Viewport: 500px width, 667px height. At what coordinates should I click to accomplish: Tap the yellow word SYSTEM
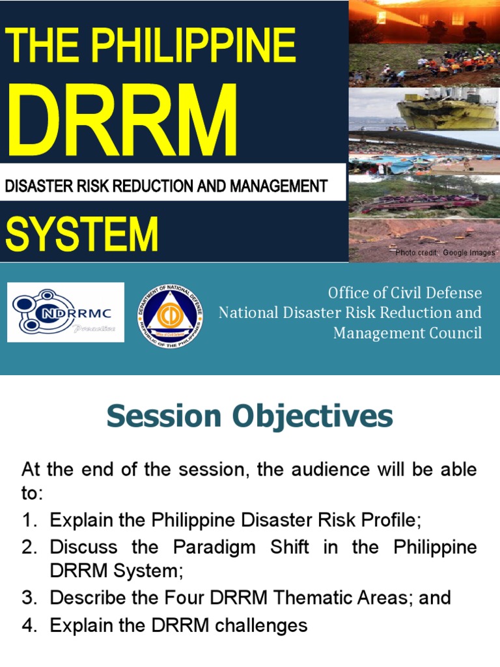point(82,234)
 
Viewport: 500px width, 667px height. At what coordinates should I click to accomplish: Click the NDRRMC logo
point(65,312)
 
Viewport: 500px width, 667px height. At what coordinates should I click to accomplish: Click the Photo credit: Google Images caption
point(445,253)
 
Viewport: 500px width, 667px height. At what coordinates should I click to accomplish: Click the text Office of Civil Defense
point(405,292)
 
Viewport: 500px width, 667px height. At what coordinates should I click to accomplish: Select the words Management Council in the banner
point(408,333)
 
